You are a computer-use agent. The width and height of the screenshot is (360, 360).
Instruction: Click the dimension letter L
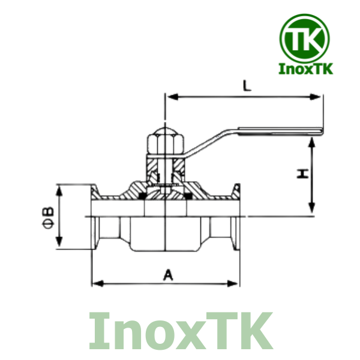click(246, 85)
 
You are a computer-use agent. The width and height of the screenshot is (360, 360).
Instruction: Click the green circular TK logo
click(305, 38)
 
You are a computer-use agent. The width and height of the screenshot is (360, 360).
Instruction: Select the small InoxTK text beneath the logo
click(305, 70)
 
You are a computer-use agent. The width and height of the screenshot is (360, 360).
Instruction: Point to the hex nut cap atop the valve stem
click(164, 142)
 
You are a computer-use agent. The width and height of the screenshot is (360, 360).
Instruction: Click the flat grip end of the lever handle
click(282, 129)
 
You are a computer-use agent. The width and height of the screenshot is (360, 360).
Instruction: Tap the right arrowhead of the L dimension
click(317, 96)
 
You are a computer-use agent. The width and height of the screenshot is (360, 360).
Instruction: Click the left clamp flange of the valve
click(94, 216)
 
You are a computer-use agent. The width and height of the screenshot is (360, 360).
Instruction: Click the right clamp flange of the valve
click(236, 216)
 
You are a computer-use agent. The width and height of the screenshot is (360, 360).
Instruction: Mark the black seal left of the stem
click(142, 196)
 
